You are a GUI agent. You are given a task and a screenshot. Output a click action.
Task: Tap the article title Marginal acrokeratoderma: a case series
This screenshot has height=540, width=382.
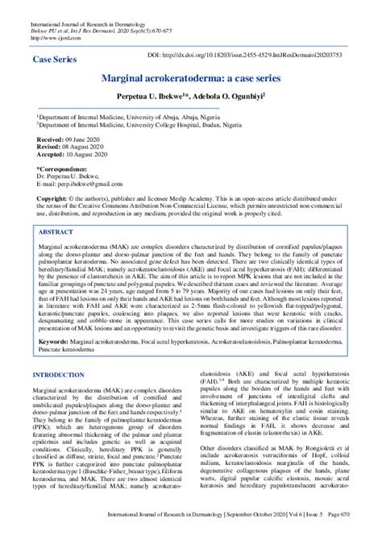[190, 79]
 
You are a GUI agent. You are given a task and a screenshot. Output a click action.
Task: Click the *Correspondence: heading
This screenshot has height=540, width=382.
[67, 170]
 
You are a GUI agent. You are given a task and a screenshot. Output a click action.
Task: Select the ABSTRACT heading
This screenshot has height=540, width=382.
[63, 231]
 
